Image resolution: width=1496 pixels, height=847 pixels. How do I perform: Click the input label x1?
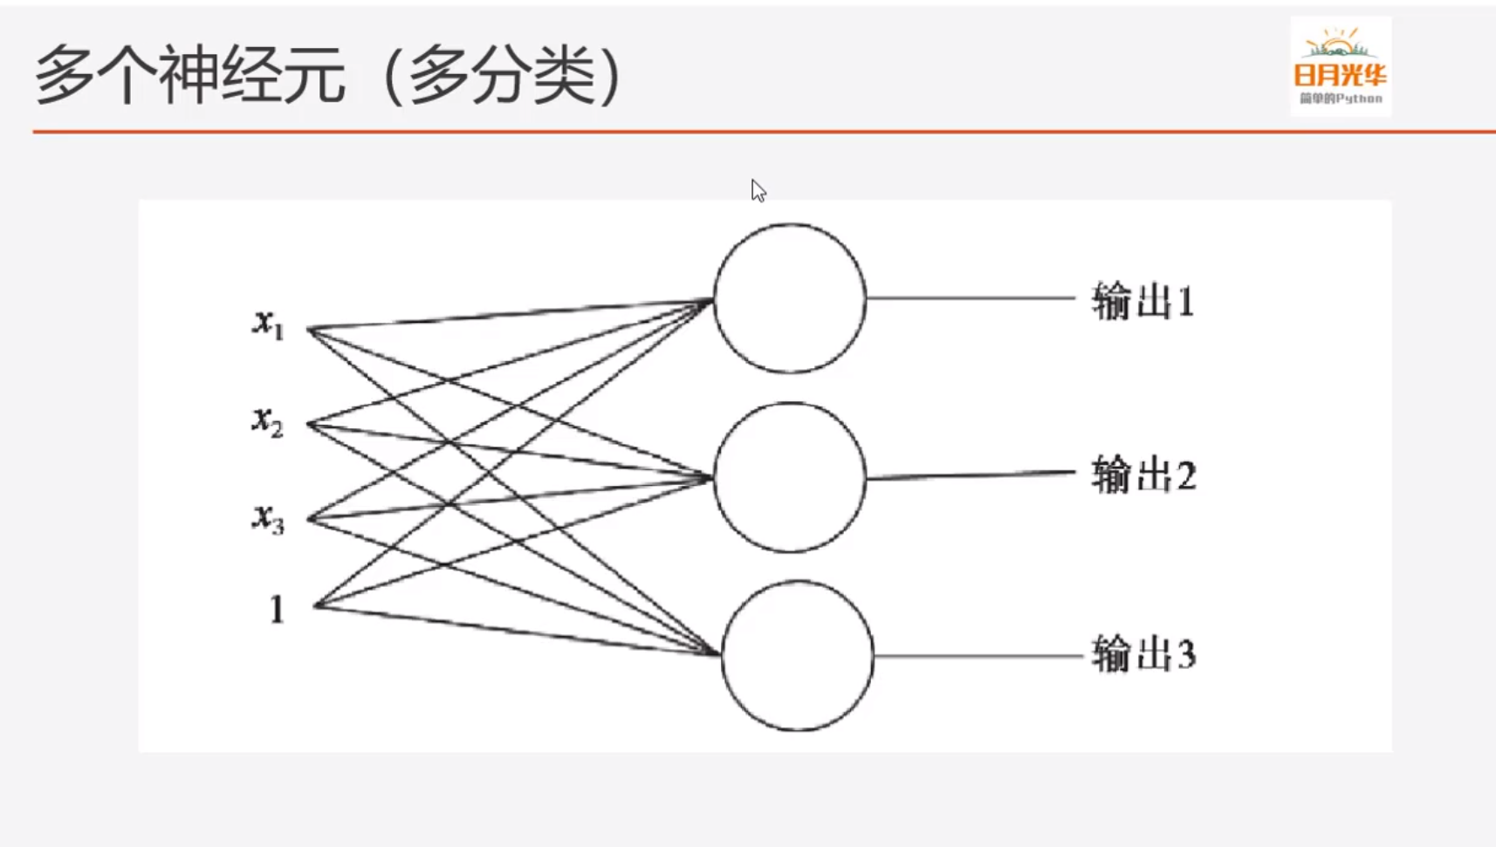pyautogui.click(x=268, y=324)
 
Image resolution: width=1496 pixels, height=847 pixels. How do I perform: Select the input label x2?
pyautogui.click(x=268, y=421)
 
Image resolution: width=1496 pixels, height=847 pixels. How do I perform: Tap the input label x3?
pyautogui.click(x=268, y=517)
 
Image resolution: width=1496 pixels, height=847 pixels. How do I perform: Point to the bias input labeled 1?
pyautogui.click(x=277, y=609)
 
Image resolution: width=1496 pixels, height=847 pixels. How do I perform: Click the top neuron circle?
pyautogui.click(x=790, y=298)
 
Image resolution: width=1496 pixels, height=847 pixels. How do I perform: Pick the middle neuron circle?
pyautogui.click(x=790, y=477)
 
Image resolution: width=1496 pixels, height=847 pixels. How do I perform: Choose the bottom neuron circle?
pyautogui.click(x=798, y=656)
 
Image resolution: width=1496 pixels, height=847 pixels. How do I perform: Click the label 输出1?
pyautogui.click(x=1143, y=301)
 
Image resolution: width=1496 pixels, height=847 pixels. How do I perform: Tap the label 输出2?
pyautogui.click(x=1143, y=475)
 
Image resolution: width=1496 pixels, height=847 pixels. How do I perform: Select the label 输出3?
pyautogui.click(x=1143, y=654)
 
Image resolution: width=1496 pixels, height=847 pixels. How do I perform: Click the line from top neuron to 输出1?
pyautogui.click(x=969, y=298)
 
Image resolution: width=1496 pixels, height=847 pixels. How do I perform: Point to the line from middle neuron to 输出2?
pyautogui.click(x=969, y=475)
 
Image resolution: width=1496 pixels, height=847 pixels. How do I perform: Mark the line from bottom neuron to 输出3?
pyautogui.click(x=978, y=656)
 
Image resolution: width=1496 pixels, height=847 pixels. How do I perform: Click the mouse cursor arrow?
pyautogui.click(x=758, y=190)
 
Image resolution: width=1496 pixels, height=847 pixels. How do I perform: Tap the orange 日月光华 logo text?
pyautogui.click(x=1340, y=75)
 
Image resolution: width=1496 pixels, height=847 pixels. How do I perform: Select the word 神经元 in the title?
pyautogui.click(x=252, y=75)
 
